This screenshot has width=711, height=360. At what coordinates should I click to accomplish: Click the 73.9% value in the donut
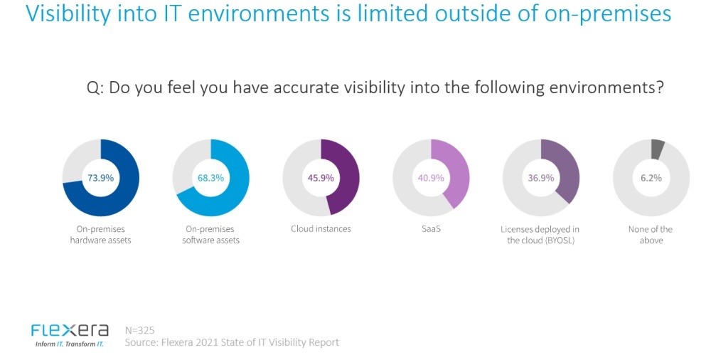point(101,178)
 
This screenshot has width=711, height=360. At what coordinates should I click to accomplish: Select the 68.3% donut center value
point(211,178)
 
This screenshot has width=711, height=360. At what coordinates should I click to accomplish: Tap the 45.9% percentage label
point(321,178)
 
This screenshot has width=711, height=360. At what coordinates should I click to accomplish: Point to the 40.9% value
point(432,178)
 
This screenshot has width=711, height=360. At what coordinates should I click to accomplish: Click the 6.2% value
point(651,178)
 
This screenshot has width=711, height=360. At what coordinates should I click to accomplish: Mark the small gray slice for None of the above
point(658,149)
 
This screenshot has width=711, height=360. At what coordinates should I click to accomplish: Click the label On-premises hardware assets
point(101,235)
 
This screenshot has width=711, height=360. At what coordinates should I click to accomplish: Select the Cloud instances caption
point(321,229)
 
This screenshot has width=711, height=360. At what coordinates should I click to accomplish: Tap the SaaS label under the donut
point(432,229)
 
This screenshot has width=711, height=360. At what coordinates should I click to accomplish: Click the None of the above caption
point(651,235)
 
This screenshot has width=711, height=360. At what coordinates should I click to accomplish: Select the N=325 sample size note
point(139,330)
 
